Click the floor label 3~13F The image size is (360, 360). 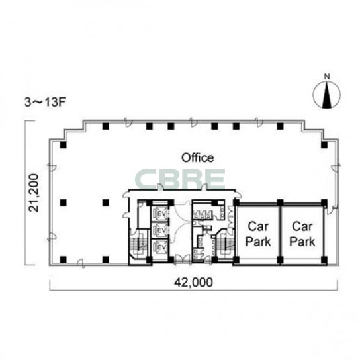pyautogui.click(x=45, y=103)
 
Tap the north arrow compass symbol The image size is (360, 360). pyautogui.click(x=327, y=95)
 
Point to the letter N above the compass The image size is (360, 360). pyautogui.click(x=327, y=77)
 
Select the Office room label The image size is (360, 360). pyautogui.click(x=197, y=157)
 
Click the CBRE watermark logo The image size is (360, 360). pyautogui.click(x=180, y=179)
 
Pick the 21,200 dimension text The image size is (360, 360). pyautogui.click(x=34, y=193)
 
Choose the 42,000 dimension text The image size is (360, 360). pyautogui.click(x=193, y=282)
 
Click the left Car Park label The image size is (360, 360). pyautogui.click(x=258, y=234)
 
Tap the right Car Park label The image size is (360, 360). pyautogui.click(x=302, y=234)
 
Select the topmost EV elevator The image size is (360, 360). pyautogui.click(x=160, y=214)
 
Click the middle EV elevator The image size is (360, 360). pyautogui.click(x=160, y=230)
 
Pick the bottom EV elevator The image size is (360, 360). pyautogui.click(x=160, y=247)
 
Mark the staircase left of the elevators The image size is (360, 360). pyautogui.click(x=138, y=244)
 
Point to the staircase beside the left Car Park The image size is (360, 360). pyautogui.click(x=225, y=244)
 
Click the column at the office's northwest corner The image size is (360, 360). pyautogui.click(x=63, y=145)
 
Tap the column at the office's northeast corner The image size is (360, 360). pyautogui.click(x=324, y=145)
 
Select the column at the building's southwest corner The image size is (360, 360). pyautogui.click(x=63, y=259)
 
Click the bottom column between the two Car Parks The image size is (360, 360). pyautogui.click(x=280, y=259)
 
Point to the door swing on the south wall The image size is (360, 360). pyautogui.click(x=81, y=264)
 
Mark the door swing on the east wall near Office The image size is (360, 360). pyautogui.click(x=336, y=167)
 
